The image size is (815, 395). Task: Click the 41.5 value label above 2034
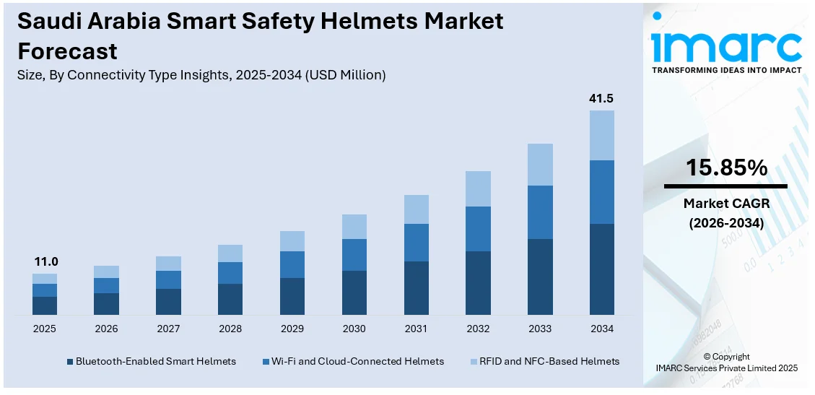click(x=601, y=99)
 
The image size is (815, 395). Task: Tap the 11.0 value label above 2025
click(x=44, y=261)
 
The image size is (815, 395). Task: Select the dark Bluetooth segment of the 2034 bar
click(x=601, y=269)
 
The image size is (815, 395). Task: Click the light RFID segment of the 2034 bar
click(x=601, y=135)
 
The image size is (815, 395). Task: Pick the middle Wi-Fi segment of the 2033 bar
click(x=540, y=212)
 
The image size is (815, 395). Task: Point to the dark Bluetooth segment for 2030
click(x=354, y=292)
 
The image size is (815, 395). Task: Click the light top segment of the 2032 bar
click(x=478, y=188)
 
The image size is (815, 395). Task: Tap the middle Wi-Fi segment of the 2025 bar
click(x=44, y=290)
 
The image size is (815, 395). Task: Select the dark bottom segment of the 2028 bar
click(x=230, y=299)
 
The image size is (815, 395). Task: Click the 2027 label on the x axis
click(x=168, y=329)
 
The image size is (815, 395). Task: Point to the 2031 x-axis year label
click(x=416, y=329)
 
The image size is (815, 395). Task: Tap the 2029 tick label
click(x=292, y=329)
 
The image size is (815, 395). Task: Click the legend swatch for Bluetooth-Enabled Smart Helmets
click(x=70, y=361)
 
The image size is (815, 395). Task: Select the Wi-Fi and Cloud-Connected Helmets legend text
click(x=358, y=361)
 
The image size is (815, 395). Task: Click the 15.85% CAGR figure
click(x=726, y=168)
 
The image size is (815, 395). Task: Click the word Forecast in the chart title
click(x=67, y=51)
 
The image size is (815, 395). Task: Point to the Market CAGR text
click(x=726, y=204)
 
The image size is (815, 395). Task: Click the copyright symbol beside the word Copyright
click(x=707, y=357)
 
